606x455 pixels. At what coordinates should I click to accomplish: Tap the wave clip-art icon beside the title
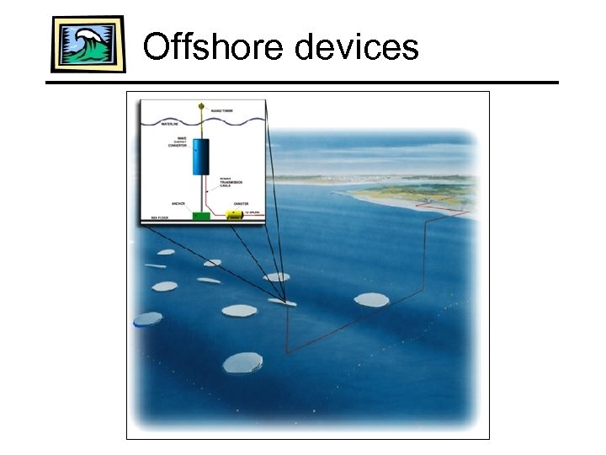[x=88, y=44]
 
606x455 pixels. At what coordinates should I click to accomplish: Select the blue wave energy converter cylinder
[x=201, y=157]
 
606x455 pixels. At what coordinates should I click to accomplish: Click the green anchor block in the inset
[x=201, y=217]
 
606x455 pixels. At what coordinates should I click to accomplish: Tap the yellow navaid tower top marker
[x=201, y=106]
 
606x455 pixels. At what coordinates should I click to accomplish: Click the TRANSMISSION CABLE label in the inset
[x=231, y=181]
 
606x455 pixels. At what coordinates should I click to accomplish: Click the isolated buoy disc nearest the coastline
[x=371, y=299]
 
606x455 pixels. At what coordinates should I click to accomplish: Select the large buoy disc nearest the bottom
[x=242, y=363]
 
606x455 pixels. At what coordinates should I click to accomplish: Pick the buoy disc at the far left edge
[x=147, y=319]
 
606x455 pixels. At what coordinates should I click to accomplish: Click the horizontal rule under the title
[x=303, y=83]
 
